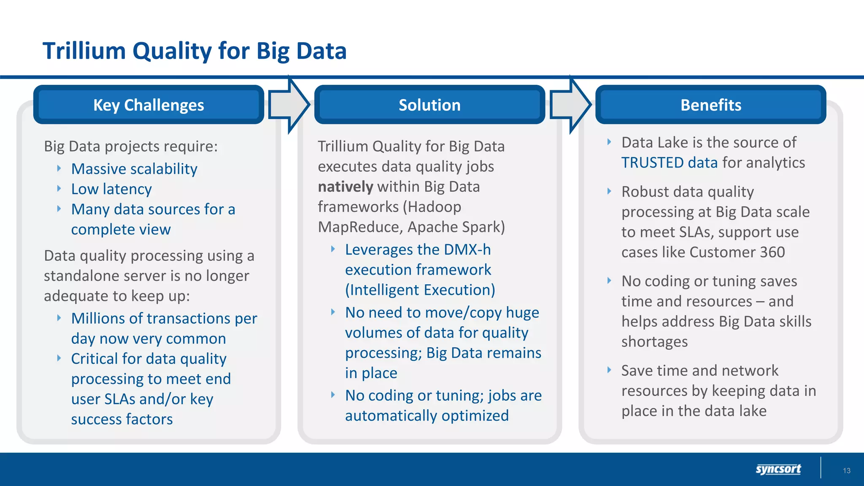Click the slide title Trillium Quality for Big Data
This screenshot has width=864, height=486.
coord(194,51)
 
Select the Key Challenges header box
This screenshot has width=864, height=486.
coord(148,105)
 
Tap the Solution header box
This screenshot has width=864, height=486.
coord(429,105)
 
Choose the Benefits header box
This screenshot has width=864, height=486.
coord(710,105)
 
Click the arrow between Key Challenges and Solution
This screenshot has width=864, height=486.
coord(289,105)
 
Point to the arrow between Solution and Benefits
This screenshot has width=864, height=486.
coord(570,105)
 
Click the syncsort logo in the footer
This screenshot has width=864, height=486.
coord(778,469)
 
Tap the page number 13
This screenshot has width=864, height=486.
coord(846,471)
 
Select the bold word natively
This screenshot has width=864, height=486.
coord(345,186)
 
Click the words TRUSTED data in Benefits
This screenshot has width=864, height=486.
coord(669,163)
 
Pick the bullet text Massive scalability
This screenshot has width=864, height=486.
coord(134,169)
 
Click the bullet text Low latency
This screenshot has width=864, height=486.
coord(111,189)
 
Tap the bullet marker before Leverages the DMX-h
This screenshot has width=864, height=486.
coord(333,249)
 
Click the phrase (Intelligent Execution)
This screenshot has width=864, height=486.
coord(420,290)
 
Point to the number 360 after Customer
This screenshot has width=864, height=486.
coord(772,252)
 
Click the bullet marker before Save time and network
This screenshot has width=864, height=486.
coord(609,370)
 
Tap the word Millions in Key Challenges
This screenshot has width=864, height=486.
coord(98,319)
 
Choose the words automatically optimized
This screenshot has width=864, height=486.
coord(427,416)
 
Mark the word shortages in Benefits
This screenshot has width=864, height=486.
coord(654,342)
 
